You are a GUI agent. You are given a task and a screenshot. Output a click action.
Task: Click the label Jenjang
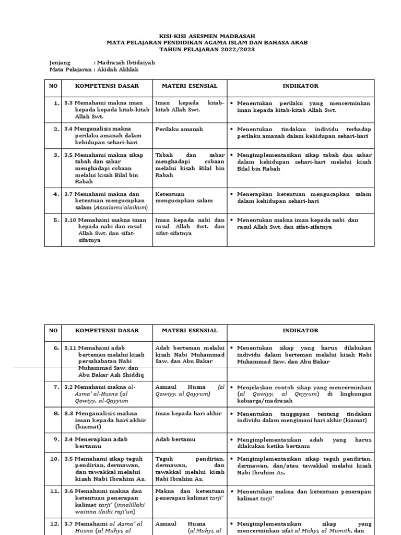pos(60,62)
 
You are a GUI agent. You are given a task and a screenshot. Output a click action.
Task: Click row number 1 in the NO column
pos(56,103)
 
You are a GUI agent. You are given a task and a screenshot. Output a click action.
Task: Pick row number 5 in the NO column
pos(56,220)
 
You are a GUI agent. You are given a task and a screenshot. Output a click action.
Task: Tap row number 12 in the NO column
pos(55,524)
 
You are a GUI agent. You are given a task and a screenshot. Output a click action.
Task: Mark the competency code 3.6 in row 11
pos(69,491)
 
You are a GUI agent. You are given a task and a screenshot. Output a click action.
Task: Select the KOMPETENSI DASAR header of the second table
pos(107,331)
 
